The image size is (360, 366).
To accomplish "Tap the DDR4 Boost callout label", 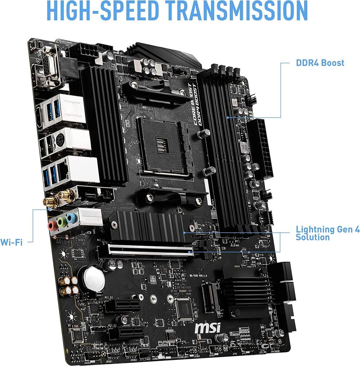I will click(320, 63).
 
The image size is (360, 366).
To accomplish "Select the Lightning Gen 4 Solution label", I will click(327, 233).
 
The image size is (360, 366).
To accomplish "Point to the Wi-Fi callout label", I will click(11, 242).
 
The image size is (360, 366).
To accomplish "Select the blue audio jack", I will click(72, 218).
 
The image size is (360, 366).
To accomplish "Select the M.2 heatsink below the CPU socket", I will click(150, 225).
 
